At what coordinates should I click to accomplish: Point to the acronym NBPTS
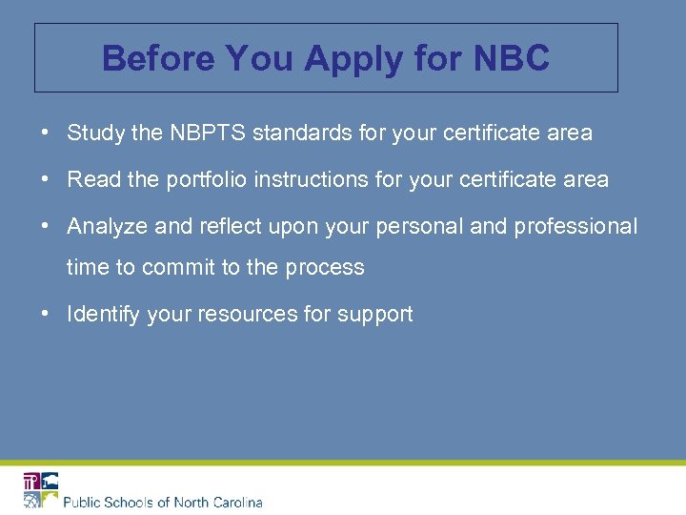tap(209, 134)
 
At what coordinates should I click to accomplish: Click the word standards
tap(301, 134)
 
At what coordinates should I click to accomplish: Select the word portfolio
tap(208, 179)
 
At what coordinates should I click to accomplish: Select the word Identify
tap(103, 315)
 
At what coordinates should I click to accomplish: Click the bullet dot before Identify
tap(46, 314)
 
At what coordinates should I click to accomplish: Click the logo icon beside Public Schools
tap(41, 490)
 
